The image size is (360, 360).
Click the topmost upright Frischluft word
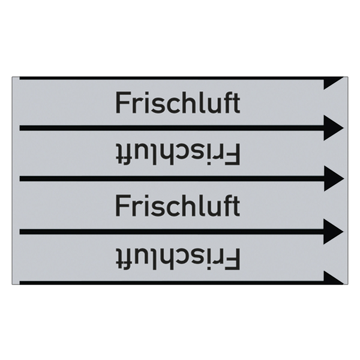coord(178,103)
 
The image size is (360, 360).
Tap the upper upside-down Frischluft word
coord(178,154)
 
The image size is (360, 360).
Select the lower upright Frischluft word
coord(178,205)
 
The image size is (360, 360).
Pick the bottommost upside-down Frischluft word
coord(178,258)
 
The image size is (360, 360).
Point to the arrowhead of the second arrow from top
coord(334,128)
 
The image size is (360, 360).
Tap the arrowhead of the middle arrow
coord(334,179)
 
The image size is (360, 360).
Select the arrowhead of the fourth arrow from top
coord(334,232)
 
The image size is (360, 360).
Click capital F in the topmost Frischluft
coord(122,103)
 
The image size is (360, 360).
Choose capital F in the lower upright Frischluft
coord(122,206)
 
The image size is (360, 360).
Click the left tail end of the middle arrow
coord(20,179)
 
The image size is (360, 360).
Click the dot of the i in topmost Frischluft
coord(144,94)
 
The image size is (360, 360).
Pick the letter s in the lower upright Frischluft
coord(156,208)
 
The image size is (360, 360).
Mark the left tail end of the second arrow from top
coord(20,128)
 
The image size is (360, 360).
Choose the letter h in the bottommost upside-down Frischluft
coord(171,259)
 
